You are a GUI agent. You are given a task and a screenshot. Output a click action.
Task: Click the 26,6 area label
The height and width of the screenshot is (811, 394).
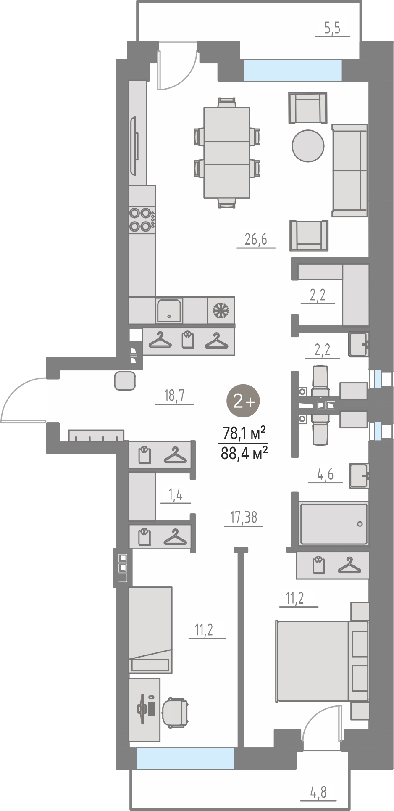(256, 240)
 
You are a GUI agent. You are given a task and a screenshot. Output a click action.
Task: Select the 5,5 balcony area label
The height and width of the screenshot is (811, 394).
(332, 28)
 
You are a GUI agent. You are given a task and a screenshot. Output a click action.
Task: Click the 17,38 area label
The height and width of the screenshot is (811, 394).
(244, 517)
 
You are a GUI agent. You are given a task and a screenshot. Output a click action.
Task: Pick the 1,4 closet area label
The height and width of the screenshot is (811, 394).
(175, 495)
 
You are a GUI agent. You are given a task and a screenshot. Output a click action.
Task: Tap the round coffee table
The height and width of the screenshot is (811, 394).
(308, 145)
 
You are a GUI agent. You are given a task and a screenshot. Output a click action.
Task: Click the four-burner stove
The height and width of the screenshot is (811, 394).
(142, 219)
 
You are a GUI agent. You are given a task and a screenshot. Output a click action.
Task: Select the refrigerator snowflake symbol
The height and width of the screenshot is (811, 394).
(221, 310)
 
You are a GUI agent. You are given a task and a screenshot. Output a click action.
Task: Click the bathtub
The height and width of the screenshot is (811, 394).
(334, 523)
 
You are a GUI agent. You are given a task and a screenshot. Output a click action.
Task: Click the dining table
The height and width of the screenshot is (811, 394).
(227, 152)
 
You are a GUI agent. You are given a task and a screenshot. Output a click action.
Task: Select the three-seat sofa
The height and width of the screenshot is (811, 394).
(350, 170)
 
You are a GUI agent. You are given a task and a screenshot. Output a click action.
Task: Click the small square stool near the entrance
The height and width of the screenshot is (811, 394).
(125, 380)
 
